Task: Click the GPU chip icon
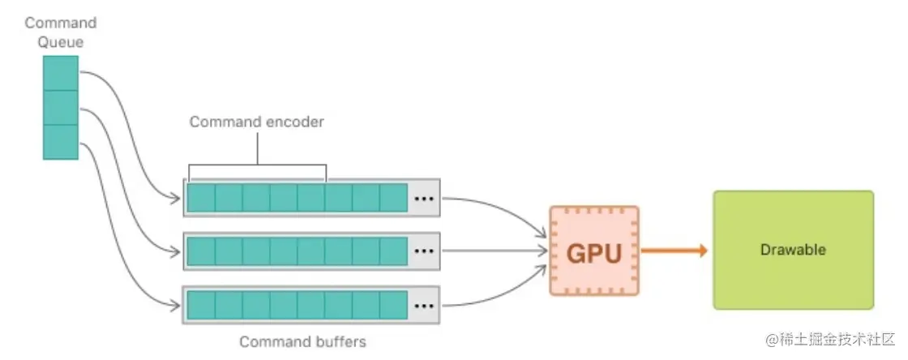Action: pos(594,251)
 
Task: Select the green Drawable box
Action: pos(792,250)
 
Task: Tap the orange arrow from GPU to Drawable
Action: pos(673,251)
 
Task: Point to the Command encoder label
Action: pos(256,122)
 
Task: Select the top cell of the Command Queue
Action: pos(61,73)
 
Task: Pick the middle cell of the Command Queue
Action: pos(61,108)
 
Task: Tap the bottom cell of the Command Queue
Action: pos(61,142)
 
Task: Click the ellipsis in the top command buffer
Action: pos(423,198)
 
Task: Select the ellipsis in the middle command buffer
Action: pos(423,251)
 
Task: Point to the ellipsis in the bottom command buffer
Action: pos(423,305)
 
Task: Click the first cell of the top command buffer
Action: pos(201,198)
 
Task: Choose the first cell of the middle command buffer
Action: pos(201,251)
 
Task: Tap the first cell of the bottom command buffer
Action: pos(201,305)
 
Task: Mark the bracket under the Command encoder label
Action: pos(257,167)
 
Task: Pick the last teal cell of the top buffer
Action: pos(393,198)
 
